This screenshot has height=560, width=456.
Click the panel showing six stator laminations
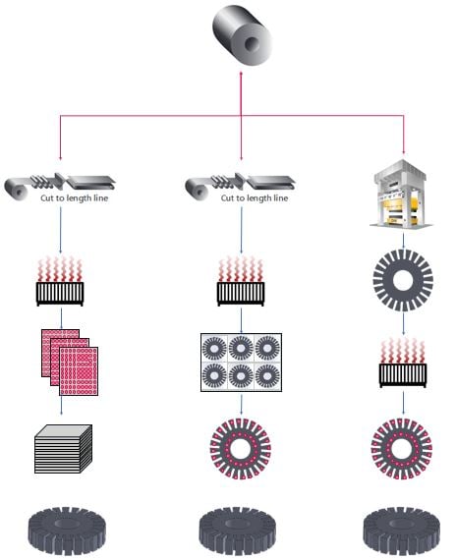click(x=240, y=364)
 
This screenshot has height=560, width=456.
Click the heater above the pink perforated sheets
click(x=58, y=281)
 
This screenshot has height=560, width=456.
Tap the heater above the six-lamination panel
click(x=241, y=281)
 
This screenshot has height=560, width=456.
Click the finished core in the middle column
click(x=241, y=530)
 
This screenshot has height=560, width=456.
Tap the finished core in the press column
click(x=403, y=530)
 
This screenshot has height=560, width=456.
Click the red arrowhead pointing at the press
click(x=404, y=157)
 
